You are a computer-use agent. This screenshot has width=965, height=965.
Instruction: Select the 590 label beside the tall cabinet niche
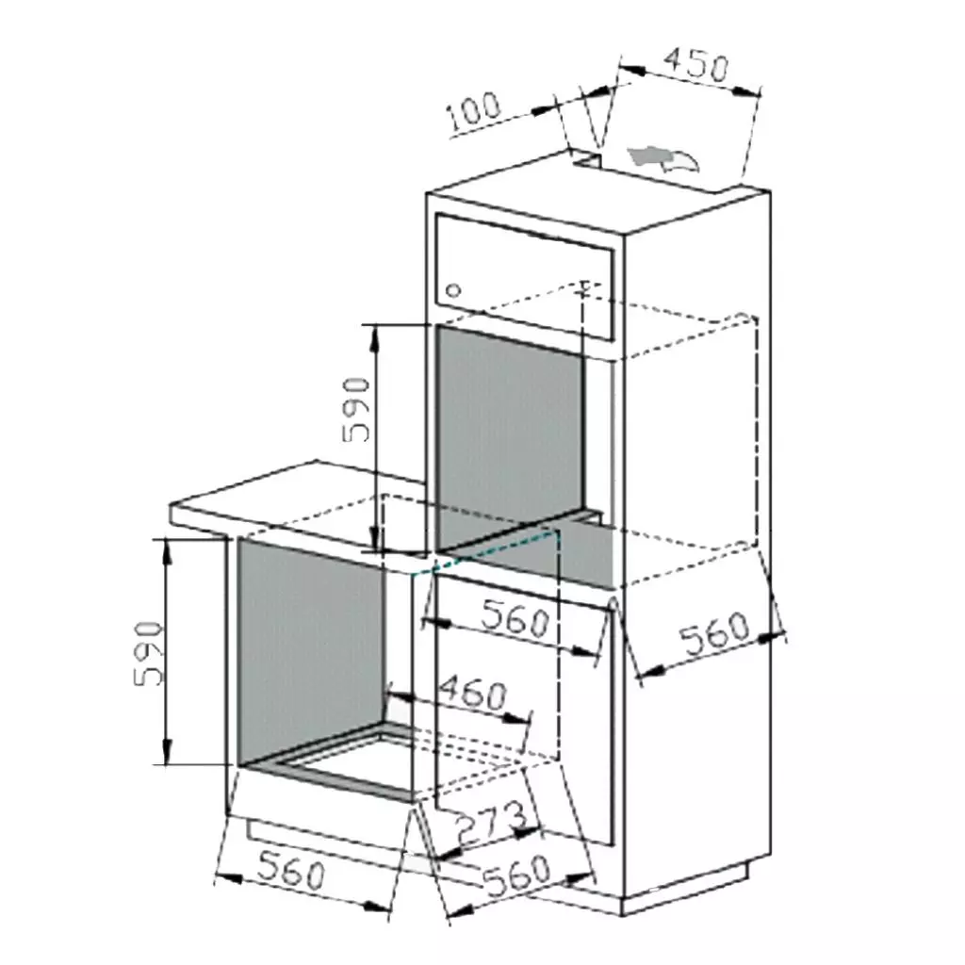pyautogui.click(x=357, y=410)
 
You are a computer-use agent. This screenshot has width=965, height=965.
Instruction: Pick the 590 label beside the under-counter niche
pyautogui.click(x=149, y=653)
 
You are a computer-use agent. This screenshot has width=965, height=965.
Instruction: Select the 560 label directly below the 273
pyautogui.click(x=516, y=876)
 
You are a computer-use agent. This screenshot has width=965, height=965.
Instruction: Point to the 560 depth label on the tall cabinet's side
pyautogui.click(x=715, y=636)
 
